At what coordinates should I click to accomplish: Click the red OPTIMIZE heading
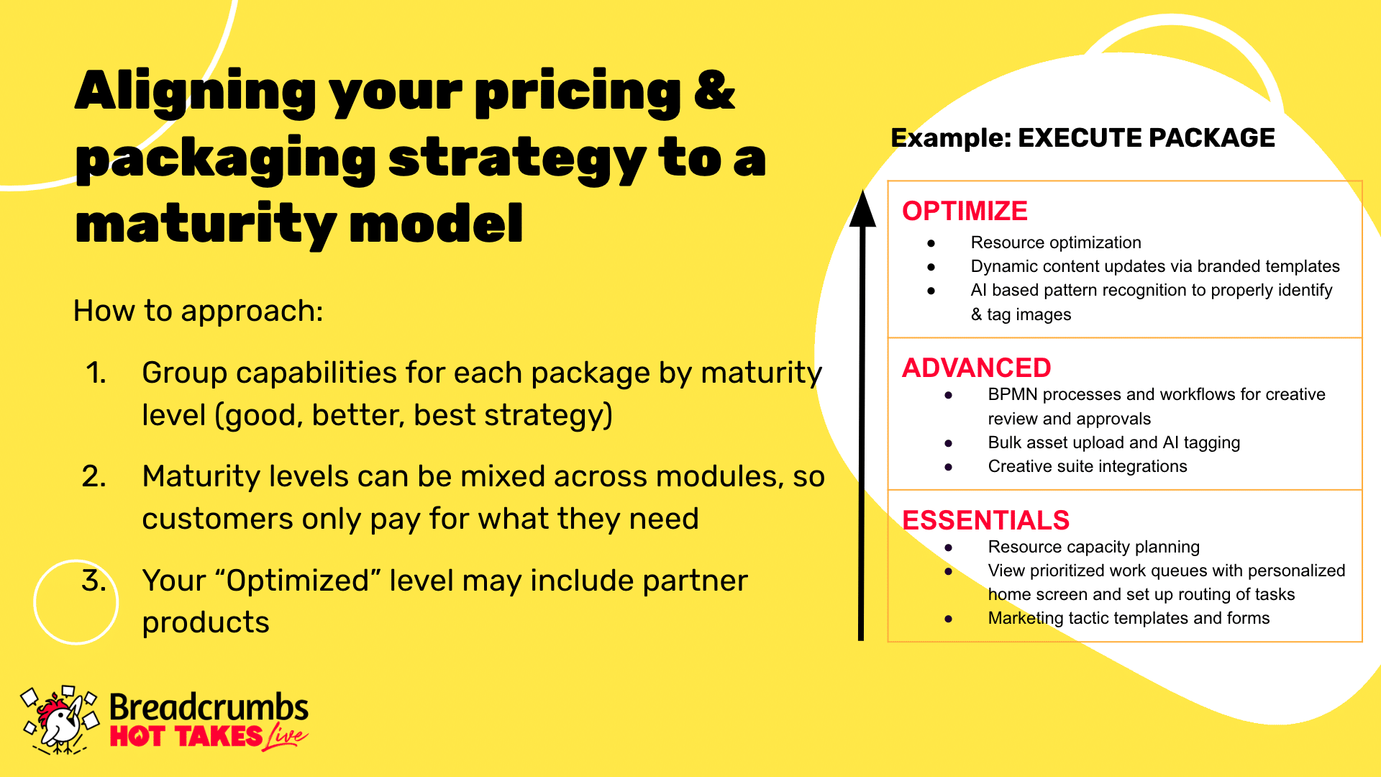(965, 211)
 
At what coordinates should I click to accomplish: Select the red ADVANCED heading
(976, 368)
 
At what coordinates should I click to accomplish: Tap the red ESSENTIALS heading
(985, 520)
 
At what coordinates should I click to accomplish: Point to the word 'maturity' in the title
(205, 224)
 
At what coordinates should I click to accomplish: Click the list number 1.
(96, 373)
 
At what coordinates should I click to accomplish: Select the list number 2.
(94, 476)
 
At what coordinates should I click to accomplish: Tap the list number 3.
(94, 581)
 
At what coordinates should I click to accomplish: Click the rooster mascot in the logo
(60, 719)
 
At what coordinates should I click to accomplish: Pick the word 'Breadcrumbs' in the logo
(209, 707)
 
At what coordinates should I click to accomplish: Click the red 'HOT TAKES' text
(186, 737)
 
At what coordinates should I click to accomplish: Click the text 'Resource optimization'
(1056, 242)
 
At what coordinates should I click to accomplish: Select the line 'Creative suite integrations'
(1088, 466)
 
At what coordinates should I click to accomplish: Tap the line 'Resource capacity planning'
(1094, 547)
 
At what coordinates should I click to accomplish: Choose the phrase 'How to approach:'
(199, 312)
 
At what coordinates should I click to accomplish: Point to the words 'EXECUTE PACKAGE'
(1147, 137)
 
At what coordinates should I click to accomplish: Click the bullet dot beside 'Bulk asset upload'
(949, 443)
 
